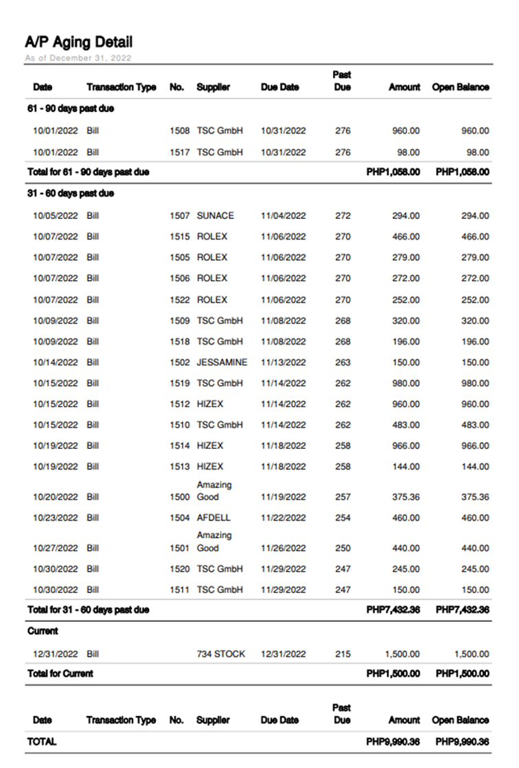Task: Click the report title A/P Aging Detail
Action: tap(79, 42)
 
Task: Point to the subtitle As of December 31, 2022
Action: tap(78, 58)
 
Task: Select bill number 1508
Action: tap(179, 130)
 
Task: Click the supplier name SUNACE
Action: tap(216, 216)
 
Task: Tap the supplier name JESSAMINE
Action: tap(222, 362)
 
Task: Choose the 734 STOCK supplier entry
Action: tap(221, 654)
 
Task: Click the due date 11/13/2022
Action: tap(283, 362)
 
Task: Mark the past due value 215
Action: tap(343, 654)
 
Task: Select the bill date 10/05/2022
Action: tap(56, 216)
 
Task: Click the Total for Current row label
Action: tap(60, 674)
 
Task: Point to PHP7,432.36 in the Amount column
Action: tap(393, 609)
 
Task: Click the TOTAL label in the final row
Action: tap(42, 742)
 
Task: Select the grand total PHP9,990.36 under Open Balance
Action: tap(463, 742)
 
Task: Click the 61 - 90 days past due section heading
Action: tap(71, 108)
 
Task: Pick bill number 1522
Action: tap(179, 300)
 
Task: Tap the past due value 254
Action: tap(343, 518)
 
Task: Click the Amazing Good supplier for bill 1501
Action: tap(214, 542)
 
